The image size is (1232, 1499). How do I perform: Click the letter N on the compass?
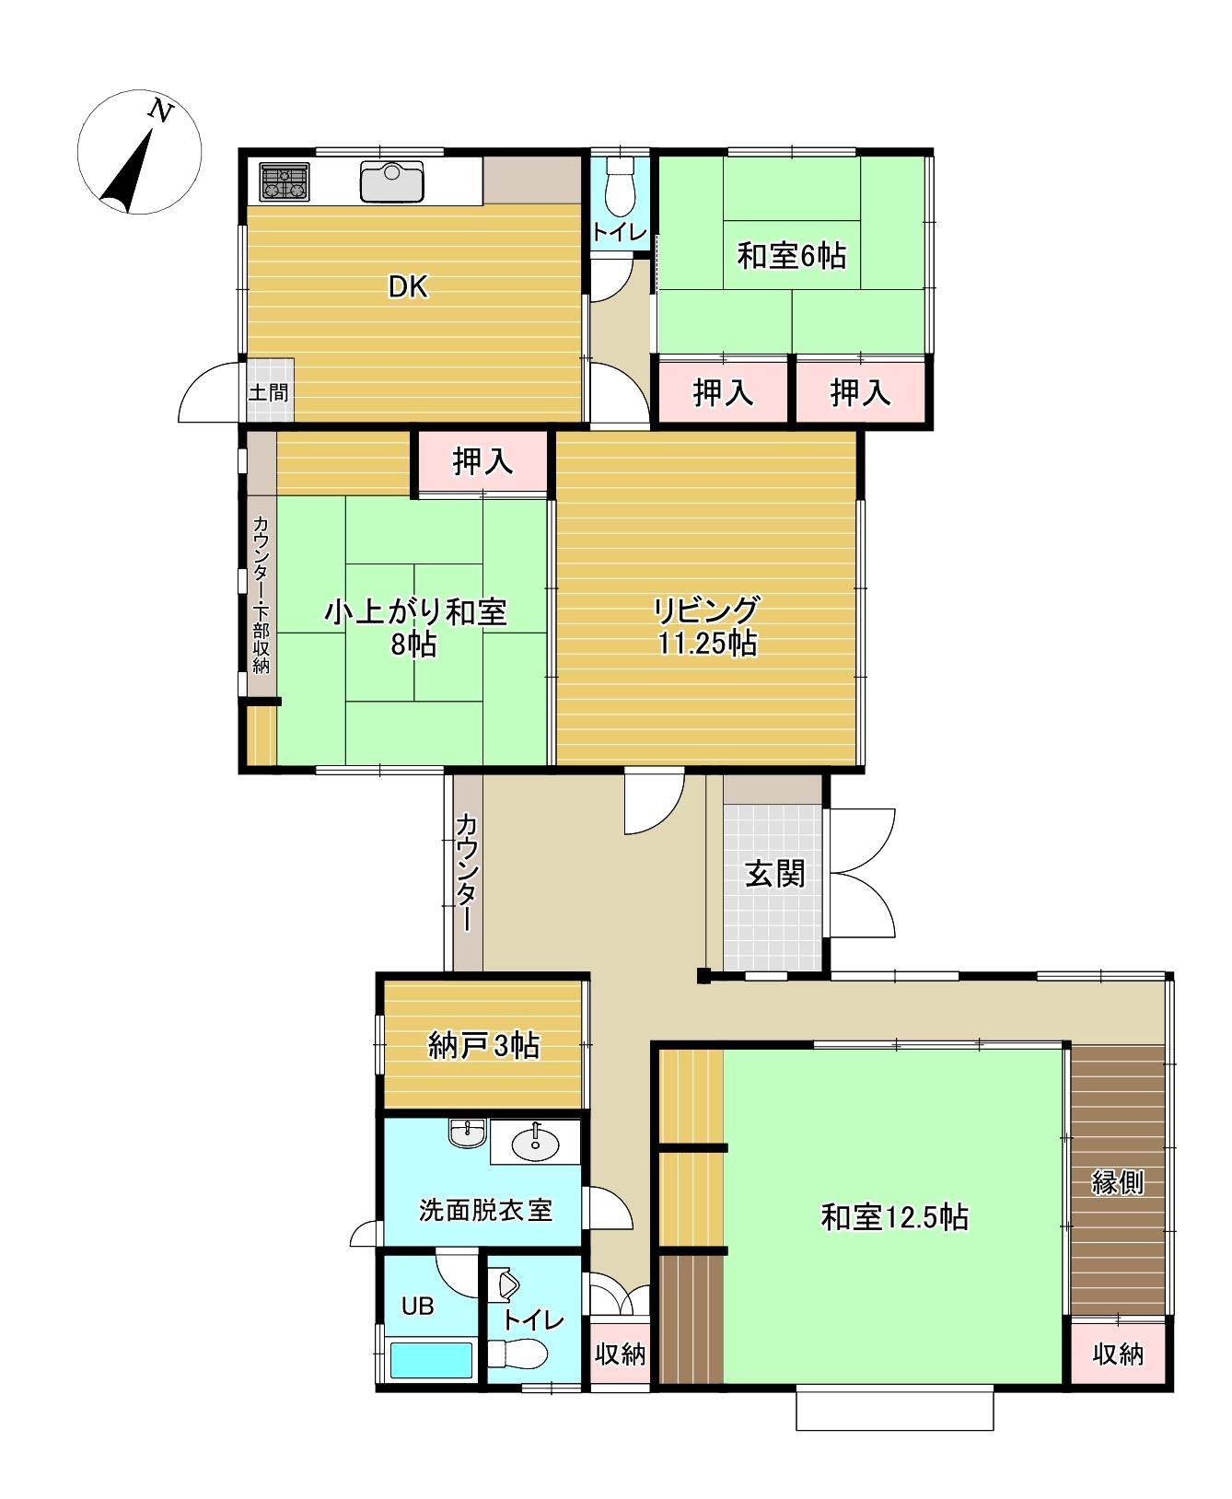click(162, 112)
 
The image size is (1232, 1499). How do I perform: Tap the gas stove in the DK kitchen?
click(284, 180)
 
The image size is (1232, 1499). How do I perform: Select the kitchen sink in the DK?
click(392, 180)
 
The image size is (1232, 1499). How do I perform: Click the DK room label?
click(407, 287)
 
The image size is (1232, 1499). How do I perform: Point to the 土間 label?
click(268, 392)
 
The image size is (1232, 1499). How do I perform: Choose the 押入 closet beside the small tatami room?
click(482, 461)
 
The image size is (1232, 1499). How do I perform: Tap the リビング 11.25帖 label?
click(707, 626)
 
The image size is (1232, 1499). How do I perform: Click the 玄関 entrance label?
click(774, 874)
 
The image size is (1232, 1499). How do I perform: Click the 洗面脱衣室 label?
click(485, 1209)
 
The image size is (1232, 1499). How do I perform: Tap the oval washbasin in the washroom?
click(533, 1145)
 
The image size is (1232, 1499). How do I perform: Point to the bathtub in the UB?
click(431, 1359)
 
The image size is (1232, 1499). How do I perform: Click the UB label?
click(417, 1306)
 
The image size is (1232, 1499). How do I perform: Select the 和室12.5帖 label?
click(894, 1218)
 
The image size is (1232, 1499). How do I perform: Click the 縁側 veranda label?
click(1118, 1182)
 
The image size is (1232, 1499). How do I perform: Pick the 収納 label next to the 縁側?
click(1118, 1354)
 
